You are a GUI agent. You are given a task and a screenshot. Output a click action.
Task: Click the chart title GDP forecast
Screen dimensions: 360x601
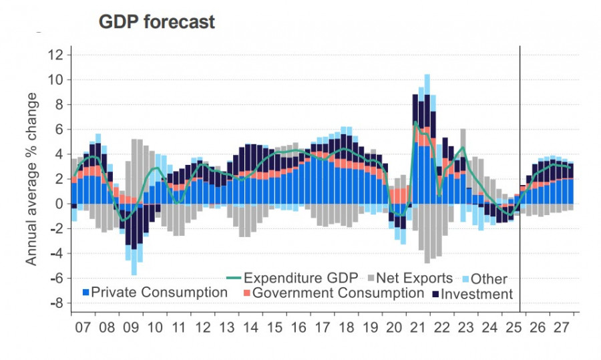[x=157, y=21]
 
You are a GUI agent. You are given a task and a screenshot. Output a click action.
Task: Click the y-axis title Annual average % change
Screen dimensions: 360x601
[x=31, y=178]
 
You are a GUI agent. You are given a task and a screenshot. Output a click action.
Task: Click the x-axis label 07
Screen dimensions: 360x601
[x=83, y=330]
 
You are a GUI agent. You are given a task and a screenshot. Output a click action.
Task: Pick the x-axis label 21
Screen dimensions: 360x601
[x=417, y=330]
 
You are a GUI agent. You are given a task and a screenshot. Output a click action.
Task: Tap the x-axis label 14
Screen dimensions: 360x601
[x=250, y=330]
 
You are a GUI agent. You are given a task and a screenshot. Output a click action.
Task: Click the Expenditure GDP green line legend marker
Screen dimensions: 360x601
[x=232, y=278]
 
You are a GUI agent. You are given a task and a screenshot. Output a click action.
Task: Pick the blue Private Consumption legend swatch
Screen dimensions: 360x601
[x=85, y=293]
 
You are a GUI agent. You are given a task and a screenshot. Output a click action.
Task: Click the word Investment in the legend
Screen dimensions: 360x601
[x=477, y=294]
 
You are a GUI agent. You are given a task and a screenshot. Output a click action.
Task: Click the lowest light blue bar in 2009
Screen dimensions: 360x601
[x=134, y=267]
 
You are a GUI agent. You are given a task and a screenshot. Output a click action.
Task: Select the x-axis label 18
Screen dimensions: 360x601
[x=346, y=330]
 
